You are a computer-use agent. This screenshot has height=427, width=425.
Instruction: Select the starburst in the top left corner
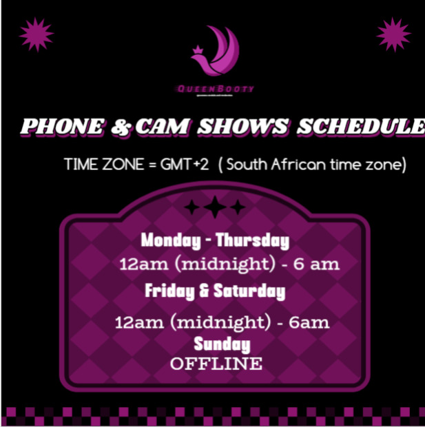37,35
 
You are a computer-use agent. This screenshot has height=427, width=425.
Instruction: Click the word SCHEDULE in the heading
361,127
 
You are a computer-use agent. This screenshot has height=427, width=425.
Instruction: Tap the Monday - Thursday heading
215,241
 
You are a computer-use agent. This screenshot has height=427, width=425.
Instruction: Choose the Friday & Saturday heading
215,291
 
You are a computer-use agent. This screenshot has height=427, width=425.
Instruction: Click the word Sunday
222,344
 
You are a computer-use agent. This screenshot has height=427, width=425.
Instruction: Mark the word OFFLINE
216,363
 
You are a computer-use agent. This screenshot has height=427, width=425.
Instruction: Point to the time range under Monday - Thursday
229,264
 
